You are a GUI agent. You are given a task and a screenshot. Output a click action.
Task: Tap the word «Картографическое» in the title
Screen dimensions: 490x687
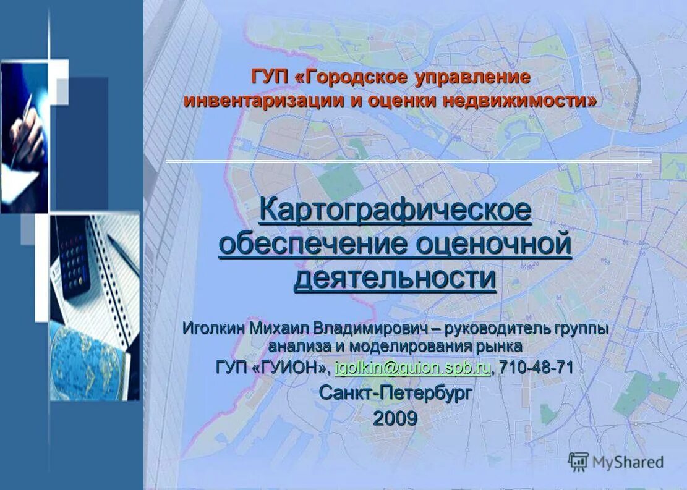[395, 210]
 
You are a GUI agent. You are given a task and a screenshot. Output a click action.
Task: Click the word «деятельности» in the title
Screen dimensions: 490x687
[395, 277]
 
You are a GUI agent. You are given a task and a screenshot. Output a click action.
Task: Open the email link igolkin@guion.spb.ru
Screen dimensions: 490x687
[412, 368]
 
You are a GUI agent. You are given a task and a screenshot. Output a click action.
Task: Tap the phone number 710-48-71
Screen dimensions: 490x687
[536, 368]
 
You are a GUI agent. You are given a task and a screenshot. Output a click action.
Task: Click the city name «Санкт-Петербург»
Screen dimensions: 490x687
[395, 392]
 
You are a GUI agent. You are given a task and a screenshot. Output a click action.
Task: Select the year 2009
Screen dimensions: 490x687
[395, 418]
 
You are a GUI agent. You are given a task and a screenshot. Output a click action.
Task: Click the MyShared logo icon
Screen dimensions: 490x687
[578, 462]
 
